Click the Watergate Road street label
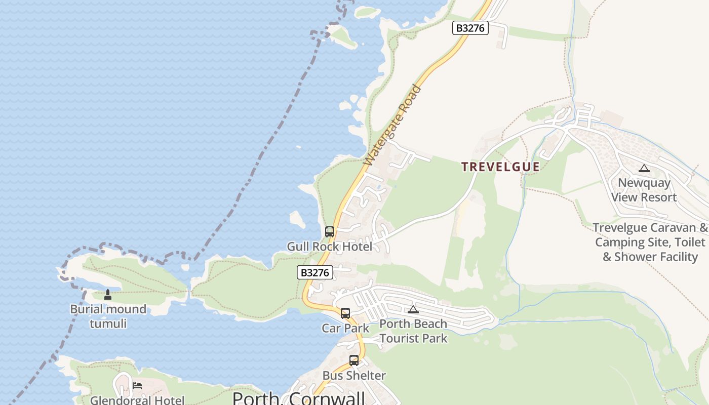tap(392, 126)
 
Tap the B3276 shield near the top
tap(470, 28)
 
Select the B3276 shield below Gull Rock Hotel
tap(314, 272)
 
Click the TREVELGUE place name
tap(500, 167)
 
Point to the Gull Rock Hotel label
tap(329, 247)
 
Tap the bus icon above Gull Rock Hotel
tap(330, 232)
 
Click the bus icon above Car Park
tap(345, 313)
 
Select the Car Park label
tap(345, 328)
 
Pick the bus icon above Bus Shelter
tap(354, 360)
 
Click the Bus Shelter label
tap(354, 376)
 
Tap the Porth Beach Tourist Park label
tap(413, 331)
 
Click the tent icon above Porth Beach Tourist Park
tap(413, 309)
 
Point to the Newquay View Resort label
tap(644, 190)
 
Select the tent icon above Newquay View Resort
tap(644, 168)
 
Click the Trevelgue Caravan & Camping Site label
tap(650, 242)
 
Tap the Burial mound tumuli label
tap(108, 316)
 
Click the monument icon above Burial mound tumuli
tap(107, 294)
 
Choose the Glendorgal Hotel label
tap(137, 400)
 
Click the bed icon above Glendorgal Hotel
tap(137, 386)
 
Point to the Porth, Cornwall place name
tap(299, 397)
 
